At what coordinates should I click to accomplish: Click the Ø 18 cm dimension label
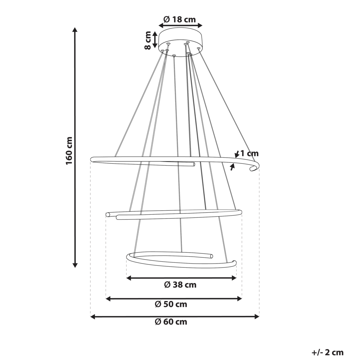tap(180, 19)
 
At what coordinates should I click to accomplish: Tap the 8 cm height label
tap(148, 40)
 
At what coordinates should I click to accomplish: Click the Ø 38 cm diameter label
tap(180, 285)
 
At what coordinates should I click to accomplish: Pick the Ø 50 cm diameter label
tap(171, 304)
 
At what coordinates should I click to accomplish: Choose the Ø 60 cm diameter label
tap(171, 322)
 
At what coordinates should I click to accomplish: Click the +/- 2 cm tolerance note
tap(328, 352)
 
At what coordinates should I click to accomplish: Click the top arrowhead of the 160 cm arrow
tap(75, 30)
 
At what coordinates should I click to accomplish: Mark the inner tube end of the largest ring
tap(193, 165)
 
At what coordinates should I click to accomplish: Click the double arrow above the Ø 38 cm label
tap(181, 278)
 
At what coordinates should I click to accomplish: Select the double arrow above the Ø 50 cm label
tap(174, 298)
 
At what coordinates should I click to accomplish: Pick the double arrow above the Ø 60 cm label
tap(175, 316)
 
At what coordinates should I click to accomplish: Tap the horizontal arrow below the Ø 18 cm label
tap(181, 26)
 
